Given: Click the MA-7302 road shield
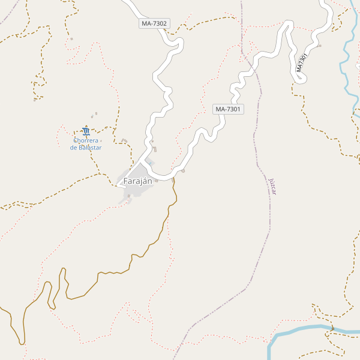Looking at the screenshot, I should pos(154,23).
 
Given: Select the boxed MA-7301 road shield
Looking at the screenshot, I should pos(228,109).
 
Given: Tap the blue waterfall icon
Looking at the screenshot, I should pos(86,131).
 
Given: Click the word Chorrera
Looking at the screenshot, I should pos(86,140).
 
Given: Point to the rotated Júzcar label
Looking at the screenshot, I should pos(273,186).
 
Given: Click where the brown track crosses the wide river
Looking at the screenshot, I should pos(331,328).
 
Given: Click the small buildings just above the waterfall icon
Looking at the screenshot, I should pos(94,115).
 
